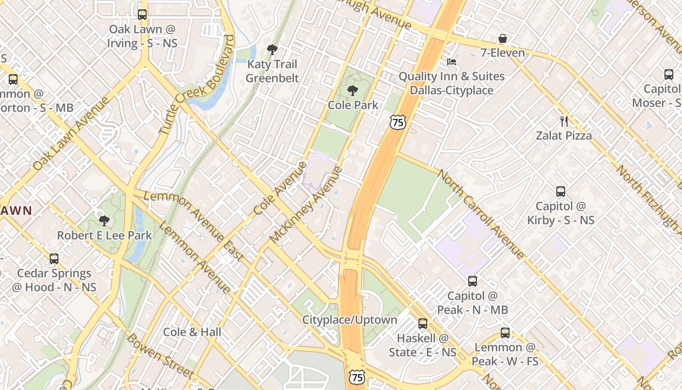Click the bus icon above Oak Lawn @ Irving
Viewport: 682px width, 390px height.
tap(142, 15)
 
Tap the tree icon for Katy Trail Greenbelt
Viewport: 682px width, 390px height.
tap(272, 50)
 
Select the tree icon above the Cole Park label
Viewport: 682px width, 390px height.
tap(352, 91)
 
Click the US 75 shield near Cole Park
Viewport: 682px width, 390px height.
tap(398, 122)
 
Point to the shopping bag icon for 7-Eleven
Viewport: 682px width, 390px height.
tap(502, 39)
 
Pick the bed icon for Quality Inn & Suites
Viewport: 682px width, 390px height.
tap(452, 62)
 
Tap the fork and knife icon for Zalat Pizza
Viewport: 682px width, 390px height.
tap(564, 121)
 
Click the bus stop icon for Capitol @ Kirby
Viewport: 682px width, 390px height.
tap(561, 192)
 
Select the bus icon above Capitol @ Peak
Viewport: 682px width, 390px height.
tap(473, 281)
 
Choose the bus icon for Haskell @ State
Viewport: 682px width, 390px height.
tap(423, 324)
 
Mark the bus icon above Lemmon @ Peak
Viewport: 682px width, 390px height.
tap(505, 333)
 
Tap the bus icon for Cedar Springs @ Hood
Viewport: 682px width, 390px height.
tap(54, 259)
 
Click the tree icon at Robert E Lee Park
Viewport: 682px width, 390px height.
tap(104, 221)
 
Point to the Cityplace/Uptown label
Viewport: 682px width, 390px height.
tap(350, 320)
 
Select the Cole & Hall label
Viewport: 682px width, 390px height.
tap(192, 332)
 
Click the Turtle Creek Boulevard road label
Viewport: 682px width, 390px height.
tap(197, 85)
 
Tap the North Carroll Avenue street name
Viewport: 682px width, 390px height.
tap(481, 214)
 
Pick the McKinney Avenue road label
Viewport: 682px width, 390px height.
tap(306, 205)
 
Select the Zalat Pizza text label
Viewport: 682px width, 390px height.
tap(564, 136)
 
